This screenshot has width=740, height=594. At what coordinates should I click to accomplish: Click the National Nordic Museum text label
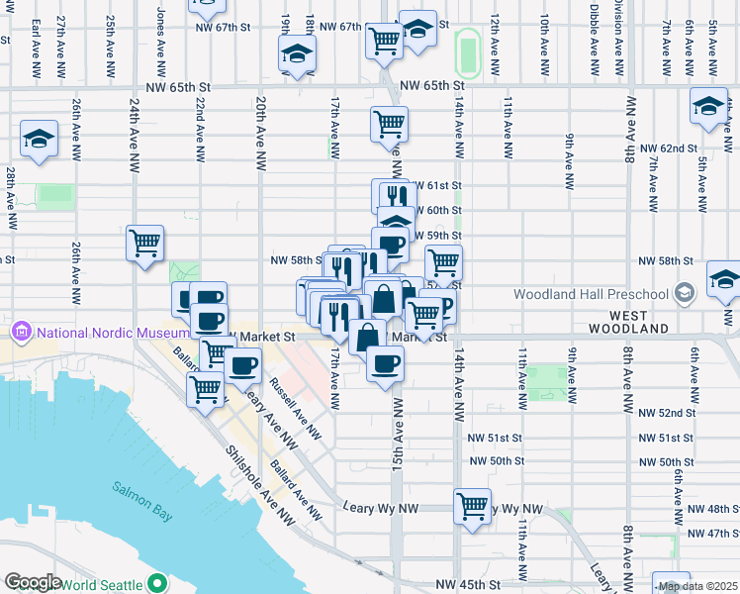[x=96, y=330]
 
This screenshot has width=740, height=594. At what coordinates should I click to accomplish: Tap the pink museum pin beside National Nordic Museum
[x=18, y=330]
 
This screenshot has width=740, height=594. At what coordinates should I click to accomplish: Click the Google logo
[x=33, y=582]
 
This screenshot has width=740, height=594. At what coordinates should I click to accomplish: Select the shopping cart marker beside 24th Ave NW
[x=145, y=243]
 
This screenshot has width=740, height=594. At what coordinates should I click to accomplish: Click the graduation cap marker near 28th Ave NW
[x=39, y=140]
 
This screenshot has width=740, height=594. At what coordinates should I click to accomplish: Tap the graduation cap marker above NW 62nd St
[x=709, y=106]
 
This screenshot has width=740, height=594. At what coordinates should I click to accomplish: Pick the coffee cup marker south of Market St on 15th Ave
[x=385, y=364]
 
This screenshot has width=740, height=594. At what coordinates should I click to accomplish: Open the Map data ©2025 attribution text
[x=697, y=586]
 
